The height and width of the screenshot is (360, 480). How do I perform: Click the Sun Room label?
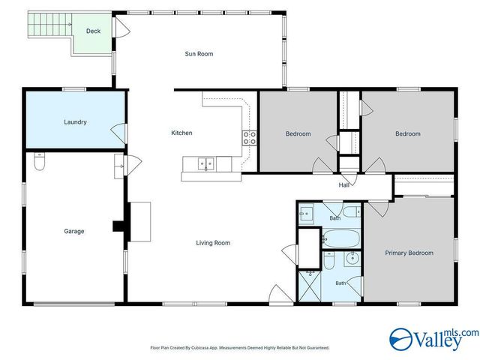[x=199, y=54]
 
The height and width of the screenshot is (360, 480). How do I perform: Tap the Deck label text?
[x=93, y=31]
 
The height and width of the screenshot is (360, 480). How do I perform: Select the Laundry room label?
[x=75, y=122]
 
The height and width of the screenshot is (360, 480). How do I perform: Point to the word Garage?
[x=74, y=231]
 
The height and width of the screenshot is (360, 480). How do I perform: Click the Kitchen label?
[x=181, y=133]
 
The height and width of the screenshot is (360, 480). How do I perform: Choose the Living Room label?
[x=213, y=243]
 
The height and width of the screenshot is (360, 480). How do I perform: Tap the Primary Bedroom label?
[x=409, y=253]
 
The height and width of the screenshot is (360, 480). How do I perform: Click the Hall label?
[x=343, y=185]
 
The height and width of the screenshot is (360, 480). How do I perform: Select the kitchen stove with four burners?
[x=250, y=138]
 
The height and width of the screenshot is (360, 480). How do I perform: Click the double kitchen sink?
[x=205, y=163]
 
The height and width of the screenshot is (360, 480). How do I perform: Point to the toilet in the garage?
[x=40, y=161]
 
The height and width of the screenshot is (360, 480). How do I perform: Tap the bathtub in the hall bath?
[x=341, y=238]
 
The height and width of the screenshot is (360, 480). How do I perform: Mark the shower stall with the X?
[x=310, y=285]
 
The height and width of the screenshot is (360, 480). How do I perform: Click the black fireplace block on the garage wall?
[x=119, y=226]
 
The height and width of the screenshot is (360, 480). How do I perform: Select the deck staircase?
[x=49, y=25]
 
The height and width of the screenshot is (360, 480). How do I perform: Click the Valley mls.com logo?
[x=433, y=339]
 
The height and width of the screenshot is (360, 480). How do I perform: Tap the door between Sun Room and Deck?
[x=121, y=28]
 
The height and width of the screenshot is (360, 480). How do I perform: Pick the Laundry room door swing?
[x=118, y=133]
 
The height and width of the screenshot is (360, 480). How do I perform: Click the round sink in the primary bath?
[x=352, y=259]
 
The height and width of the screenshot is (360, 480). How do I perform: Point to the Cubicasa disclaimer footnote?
[x=240, y=348]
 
